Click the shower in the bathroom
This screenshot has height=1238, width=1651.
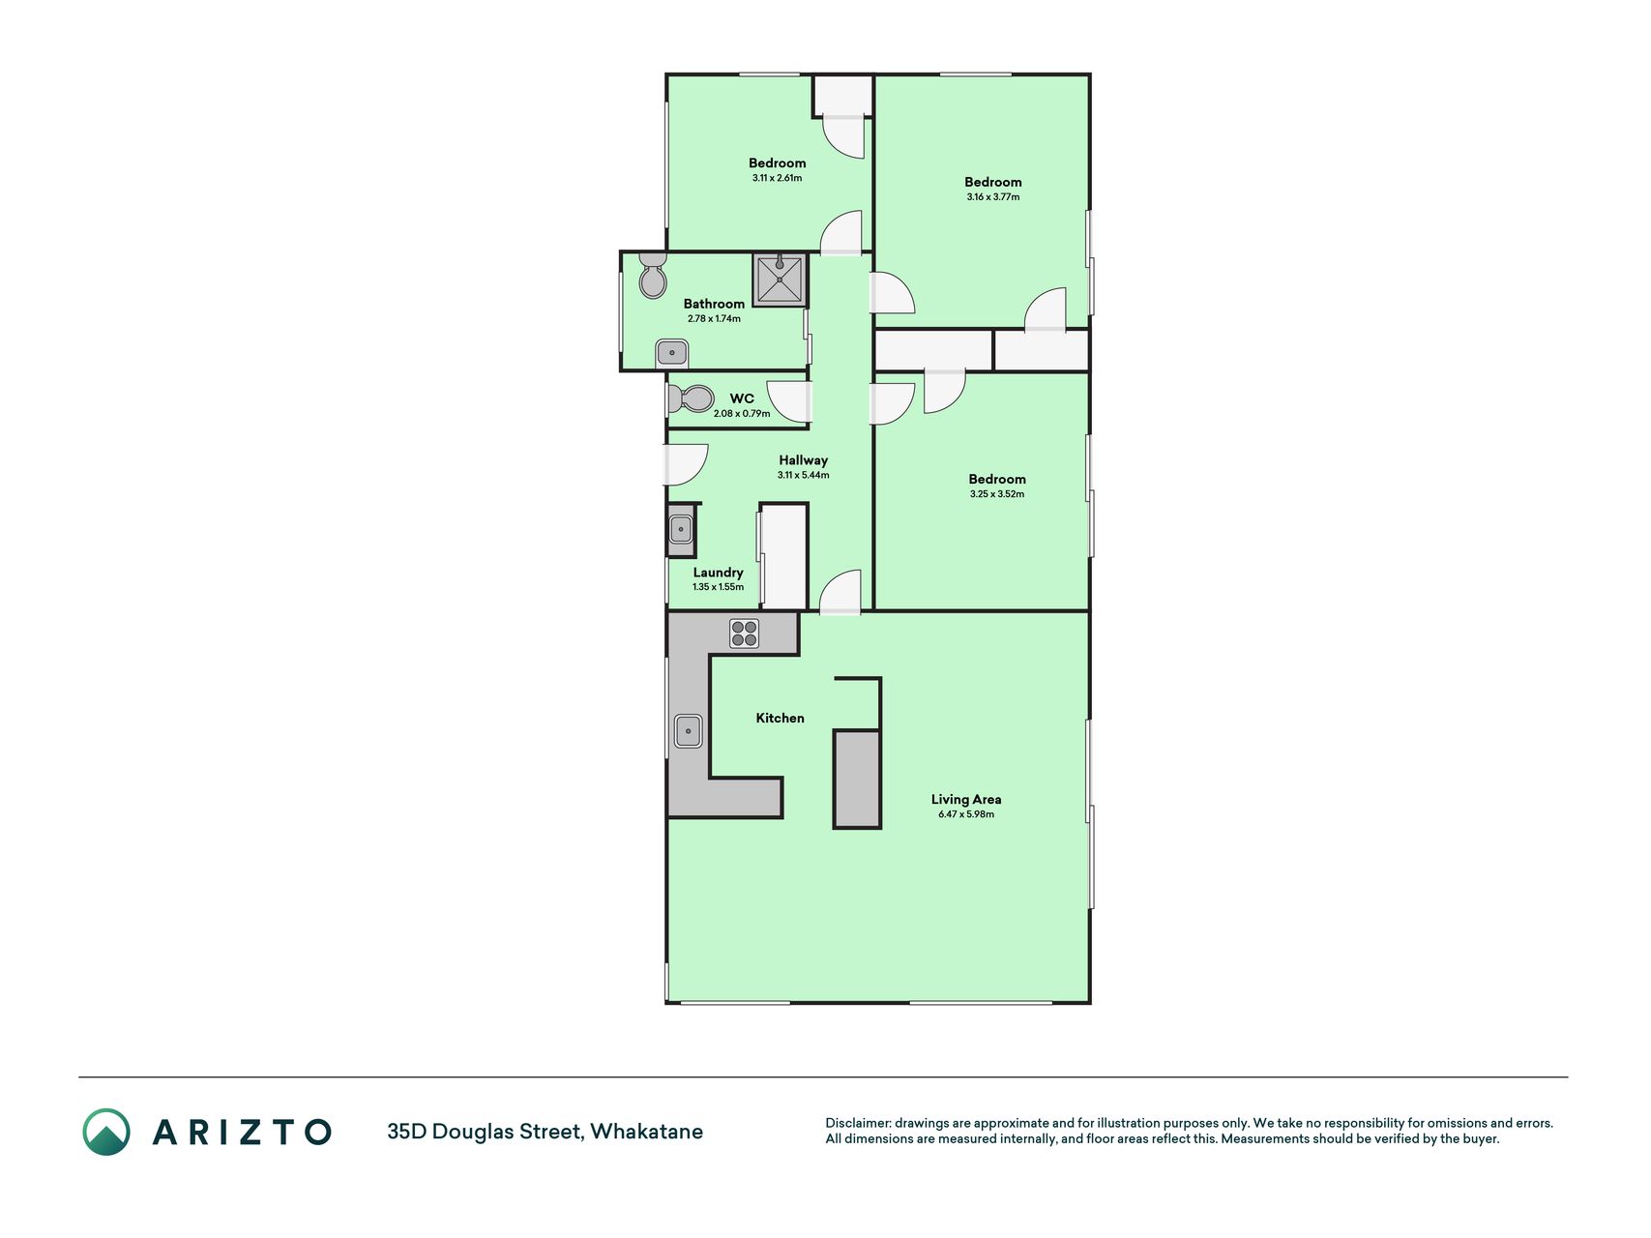(x=780, y=280)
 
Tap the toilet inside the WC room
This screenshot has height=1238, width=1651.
(x=691, y=398)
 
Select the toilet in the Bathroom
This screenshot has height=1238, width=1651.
(x=653, y=276)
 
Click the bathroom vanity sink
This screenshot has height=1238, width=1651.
(x=672, y=352)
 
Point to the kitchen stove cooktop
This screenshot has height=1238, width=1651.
(x=744, y=634)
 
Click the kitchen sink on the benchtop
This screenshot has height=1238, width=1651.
(x=688, y=730)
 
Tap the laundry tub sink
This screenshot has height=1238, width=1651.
(x=681, y=530)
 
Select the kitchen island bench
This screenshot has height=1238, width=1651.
(x=857, y=779)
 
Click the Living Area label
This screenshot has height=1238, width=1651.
(x=966, y=799)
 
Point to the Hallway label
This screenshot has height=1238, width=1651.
(x=803, y=460)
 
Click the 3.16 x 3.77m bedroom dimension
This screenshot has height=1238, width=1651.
(x=993, y=197)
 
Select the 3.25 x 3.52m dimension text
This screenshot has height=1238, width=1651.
(x=997, y=494)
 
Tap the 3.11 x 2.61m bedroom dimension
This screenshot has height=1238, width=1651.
(x=777, y=178)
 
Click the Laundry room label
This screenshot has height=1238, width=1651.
(x=718, y=573)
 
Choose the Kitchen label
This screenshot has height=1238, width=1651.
(x=780, y=718)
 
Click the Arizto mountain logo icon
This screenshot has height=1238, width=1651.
(x=106, y=1132)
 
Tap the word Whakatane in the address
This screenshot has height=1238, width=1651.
(x=646, y=1132)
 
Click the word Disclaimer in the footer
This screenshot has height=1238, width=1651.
(x=857, y=1123)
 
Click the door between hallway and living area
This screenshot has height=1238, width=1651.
(x=840, y=591)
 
